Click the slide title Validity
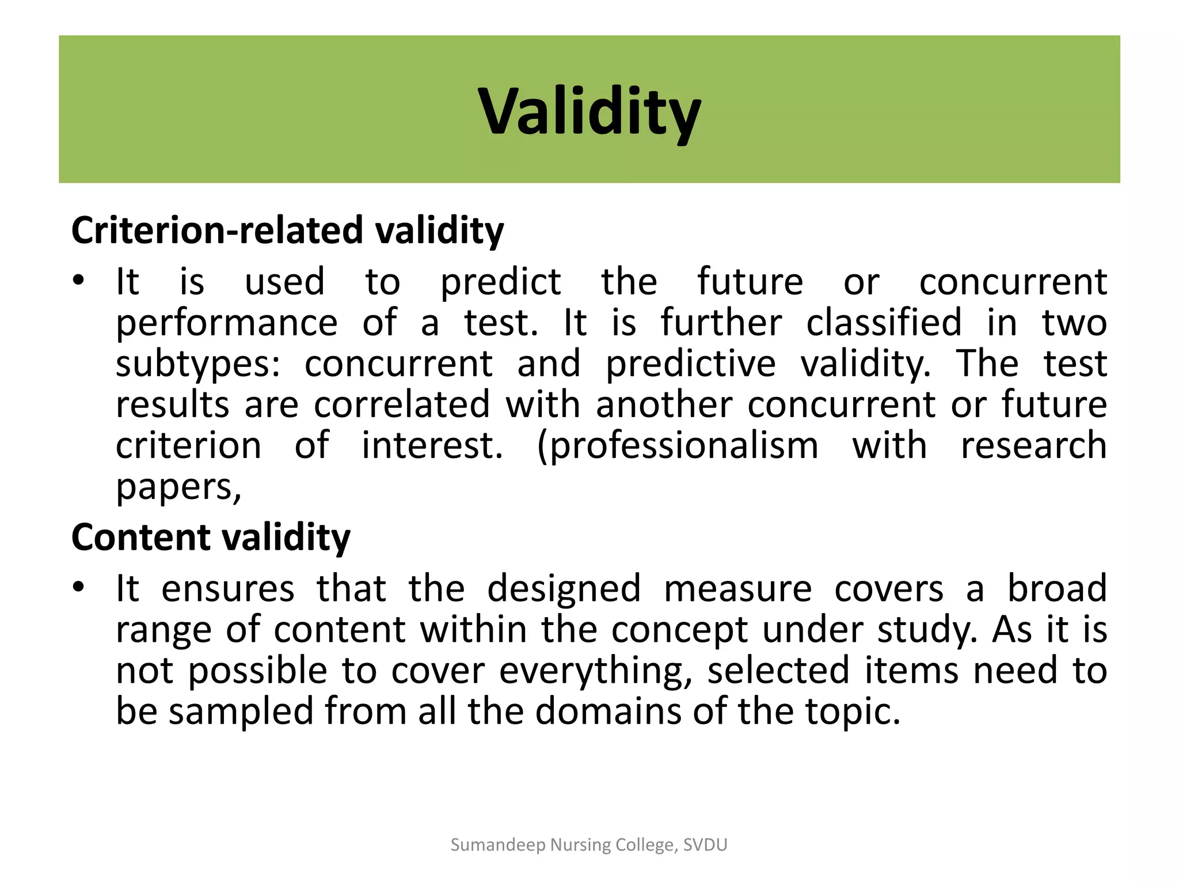point(589,111)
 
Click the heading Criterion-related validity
point(287,230)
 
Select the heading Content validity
point(211,537)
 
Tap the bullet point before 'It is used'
point(79,281)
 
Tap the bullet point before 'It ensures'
point(79,588)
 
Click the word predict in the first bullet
point(500,282)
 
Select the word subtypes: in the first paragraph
point(197,365)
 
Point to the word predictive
point(690,365)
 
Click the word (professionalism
point(677,447)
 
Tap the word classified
point(884,323)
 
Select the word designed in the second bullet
point(564,589)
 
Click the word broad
point(1057,588)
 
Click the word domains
point(608,711)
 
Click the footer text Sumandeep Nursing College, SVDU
point(589,845)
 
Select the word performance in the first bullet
point(226,324)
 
